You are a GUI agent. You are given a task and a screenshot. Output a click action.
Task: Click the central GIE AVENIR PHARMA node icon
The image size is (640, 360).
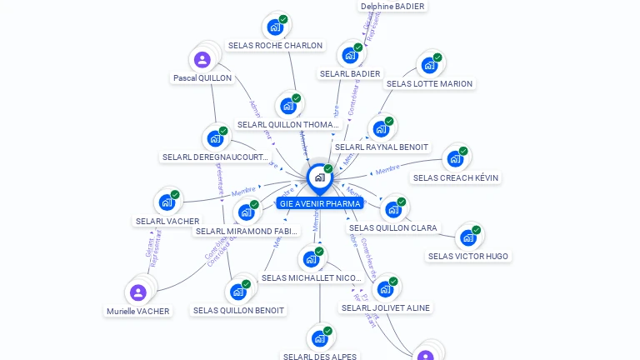coord(319,177)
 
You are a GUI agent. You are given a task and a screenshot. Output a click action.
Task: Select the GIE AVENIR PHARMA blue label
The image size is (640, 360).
coord(320,203)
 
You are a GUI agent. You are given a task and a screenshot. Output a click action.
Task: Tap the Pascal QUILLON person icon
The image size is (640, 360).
coord(202,60)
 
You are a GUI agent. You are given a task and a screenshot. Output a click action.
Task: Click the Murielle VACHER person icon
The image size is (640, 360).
coord(138,292)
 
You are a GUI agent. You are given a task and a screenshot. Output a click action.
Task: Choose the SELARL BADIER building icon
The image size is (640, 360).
coord(350,56)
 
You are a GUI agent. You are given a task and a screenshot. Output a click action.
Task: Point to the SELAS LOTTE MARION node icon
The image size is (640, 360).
coord(429,65)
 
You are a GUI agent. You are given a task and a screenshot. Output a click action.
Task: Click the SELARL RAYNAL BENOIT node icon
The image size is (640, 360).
coord(381,129)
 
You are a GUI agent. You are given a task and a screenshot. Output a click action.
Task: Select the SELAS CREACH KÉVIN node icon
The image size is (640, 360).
coord(455,158)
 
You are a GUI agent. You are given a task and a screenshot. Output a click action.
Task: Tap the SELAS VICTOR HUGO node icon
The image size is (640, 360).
coord(468,237)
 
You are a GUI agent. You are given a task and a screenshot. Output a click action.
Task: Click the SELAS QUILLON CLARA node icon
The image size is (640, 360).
coord(392,209)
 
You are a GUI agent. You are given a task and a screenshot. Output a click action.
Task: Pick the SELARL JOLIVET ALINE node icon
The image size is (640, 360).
coord(385,289)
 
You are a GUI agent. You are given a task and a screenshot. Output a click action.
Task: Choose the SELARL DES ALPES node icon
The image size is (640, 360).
coord(319,338)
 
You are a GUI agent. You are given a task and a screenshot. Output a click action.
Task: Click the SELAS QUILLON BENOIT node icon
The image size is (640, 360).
coord(238,292)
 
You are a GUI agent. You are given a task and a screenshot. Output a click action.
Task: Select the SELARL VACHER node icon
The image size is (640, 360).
coord(167,202)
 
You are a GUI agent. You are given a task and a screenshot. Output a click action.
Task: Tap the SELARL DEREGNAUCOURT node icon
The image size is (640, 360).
coord(215,138)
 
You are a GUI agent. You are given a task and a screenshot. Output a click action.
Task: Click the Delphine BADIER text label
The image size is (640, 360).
coord(392,7)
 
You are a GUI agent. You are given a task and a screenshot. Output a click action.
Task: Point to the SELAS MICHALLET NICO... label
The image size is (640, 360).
coord(311,277)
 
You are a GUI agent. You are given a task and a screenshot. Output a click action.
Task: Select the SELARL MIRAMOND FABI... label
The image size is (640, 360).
coord(246,231)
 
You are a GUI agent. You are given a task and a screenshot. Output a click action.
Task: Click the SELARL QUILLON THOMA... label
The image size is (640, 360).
coord(288,125)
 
